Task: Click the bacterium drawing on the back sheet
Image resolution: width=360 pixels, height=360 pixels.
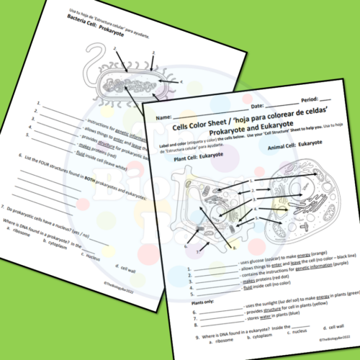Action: (x=133, y=79)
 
